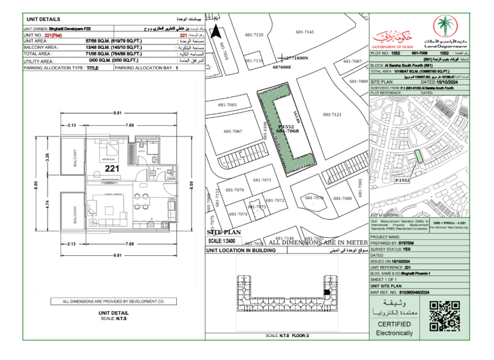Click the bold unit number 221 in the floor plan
(x=113, y=168)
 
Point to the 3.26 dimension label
(x=48, y=156)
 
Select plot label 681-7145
(x=304, y=32)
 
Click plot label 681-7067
(x=233, y=131)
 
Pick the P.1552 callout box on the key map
(x=403, y=181)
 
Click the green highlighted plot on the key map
(x=419, y=155)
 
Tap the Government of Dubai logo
(x=393, y=38)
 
